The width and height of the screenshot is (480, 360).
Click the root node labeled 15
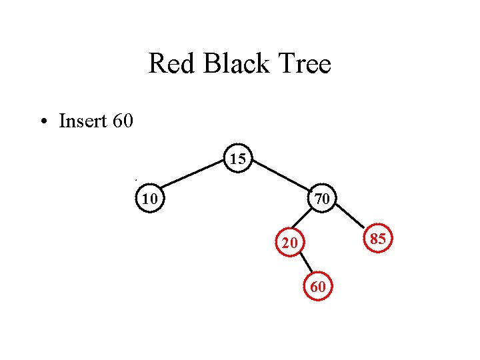[238, 159]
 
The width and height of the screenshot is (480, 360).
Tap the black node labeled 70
[323, 198]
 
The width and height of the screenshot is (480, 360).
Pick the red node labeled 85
[378, 239]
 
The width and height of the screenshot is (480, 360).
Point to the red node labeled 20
[289, 243]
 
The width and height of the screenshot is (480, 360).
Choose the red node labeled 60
[319, 287]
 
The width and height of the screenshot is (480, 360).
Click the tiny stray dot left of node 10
[135, 180]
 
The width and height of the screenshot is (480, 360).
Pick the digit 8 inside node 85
[373, 239]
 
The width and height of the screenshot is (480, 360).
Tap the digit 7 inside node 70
[319, 198]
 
